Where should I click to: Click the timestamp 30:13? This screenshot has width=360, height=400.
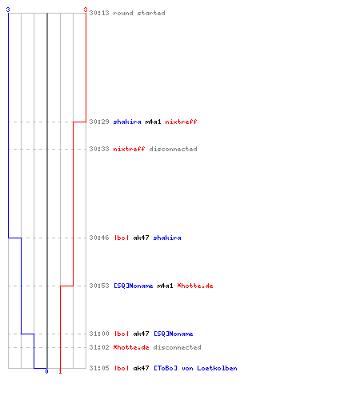click(99, 13)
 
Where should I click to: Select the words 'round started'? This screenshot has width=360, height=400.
click(139, 13)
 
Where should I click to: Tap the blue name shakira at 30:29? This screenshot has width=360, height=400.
click(127, 122)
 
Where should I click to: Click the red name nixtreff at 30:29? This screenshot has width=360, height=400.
click(181, 122)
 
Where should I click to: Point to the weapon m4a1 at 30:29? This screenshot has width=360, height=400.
click(153, 122)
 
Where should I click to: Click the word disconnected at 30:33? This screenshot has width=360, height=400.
click(173, 149)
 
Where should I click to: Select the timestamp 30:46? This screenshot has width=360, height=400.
click(99, 238)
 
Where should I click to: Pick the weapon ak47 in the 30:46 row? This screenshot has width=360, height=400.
click(141, 238)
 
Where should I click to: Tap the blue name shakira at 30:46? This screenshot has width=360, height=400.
click(167, 238)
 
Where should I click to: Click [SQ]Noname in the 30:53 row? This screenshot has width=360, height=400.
click(134, 286)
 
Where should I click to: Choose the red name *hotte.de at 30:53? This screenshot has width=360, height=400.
click(195, 286)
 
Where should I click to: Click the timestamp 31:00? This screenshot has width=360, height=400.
click(99, 334)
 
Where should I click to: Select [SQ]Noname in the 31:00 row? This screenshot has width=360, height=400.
click(174, 334)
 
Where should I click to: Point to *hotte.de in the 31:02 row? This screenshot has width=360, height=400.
click(131, 347)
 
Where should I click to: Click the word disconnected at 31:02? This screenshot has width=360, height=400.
click(177, 347)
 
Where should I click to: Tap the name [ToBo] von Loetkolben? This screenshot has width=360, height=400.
click(195, 368)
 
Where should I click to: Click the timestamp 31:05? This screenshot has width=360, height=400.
click(99, 368)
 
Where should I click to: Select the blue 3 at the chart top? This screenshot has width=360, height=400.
click(8, 10)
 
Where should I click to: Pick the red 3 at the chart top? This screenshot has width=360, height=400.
click(86, 10)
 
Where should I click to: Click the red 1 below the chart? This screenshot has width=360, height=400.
click(60, 371)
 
